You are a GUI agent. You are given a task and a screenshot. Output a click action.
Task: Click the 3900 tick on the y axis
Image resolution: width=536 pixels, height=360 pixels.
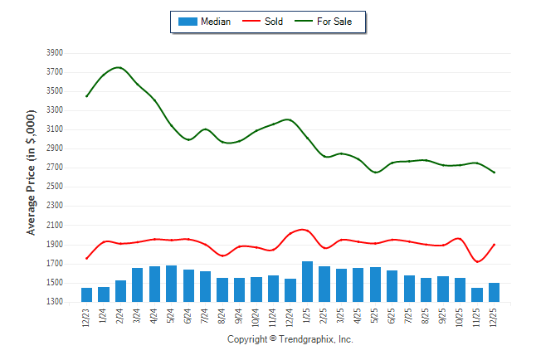(x=55, y=52)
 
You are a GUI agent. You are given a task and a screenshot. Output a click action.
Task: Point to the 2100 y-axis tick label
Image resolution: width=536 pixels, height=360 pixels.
(x=55, y=226)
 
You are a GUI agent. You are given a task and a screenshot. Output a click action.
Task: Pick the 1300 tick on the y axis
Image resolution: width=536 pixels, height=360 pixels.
(x=55, y=303)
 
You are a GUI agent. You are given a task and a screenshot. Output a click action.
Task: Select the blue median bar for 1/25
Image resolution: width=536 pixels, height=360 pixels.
(x=308, y=282)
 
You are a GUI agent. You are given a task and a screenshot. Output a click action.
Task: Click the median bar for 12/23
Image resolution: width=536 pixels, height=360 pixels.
(x=86, y=295)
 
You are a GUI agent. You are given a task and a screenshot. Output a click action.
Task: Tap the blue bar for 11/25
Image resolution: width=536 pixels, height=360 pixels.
(x=477, y=295)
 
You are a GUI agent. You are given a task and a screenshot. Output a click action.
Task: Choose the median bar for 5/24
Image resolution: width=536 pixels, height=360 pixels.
(x=172, y=284)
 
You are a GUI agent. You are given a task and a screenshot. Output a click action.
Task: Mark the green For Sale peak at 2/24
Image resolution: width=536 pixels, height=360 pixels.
(x=119, y=67)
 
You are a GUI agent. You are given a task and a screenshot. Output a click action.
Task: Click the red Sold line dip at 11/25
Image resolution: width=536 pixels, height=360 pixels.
(x=478, y=262)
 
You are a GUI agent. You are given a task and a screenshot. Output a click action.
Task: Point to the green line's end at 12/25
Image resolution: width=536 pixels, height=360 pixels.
(x=495, y=173)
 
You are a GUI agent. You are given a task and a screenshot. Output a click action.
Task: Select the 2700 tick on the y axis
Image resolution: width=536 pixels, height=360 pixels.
(x=55, y=168)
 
